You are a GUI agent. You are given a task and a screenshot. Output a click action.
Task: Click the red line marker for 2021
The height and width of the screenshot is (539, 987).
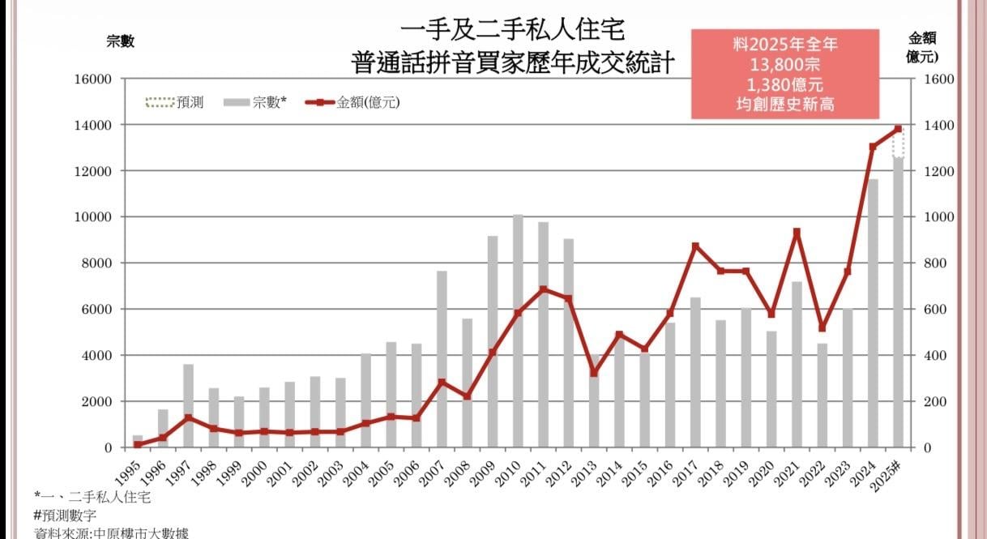[x=797, y=233]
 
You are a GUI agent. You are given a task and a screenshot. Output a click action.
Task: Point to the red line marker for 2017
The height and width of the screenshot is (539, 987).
[x=695, y=246]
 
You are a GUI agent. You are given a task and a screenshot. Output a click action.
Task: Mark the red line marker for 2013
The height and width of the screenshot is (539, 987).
[x=594, y=374]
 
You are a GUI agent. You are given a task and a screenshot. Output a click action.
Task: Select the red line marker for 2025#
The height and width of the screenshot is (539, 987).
[x=898, y=129]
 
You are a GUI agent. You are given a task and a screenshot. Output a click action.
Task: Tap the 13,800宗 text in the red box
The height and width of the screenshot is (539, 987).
[x=784, y=65]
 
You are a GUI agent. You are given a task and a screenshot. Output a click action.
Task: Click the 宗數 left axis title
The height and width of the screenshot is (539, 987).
[x=120, y=42]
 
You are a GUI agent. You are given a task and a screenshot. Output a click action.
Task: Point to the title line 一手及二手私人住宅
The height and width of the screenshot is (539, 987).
[x=513, y=32]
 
